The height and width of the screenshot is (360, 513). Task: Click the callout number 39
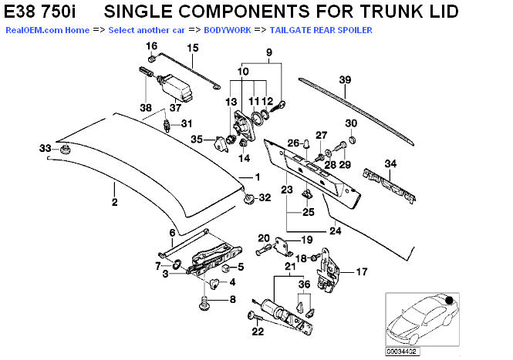pos(345,79)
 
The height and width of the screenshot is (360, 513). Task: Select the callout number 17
pos(361,271)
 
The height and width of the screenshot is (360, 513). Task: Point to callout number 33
pos(45,147)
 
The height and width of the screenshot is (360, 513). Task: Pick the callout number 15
pos(192,48)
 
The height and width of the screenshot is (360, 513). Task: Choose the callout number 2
pos(113,204)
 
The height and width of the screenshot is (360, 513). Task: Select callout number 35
pos(197,139)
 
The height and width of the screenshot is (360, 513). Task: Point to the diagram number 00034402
pos(401,352)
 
